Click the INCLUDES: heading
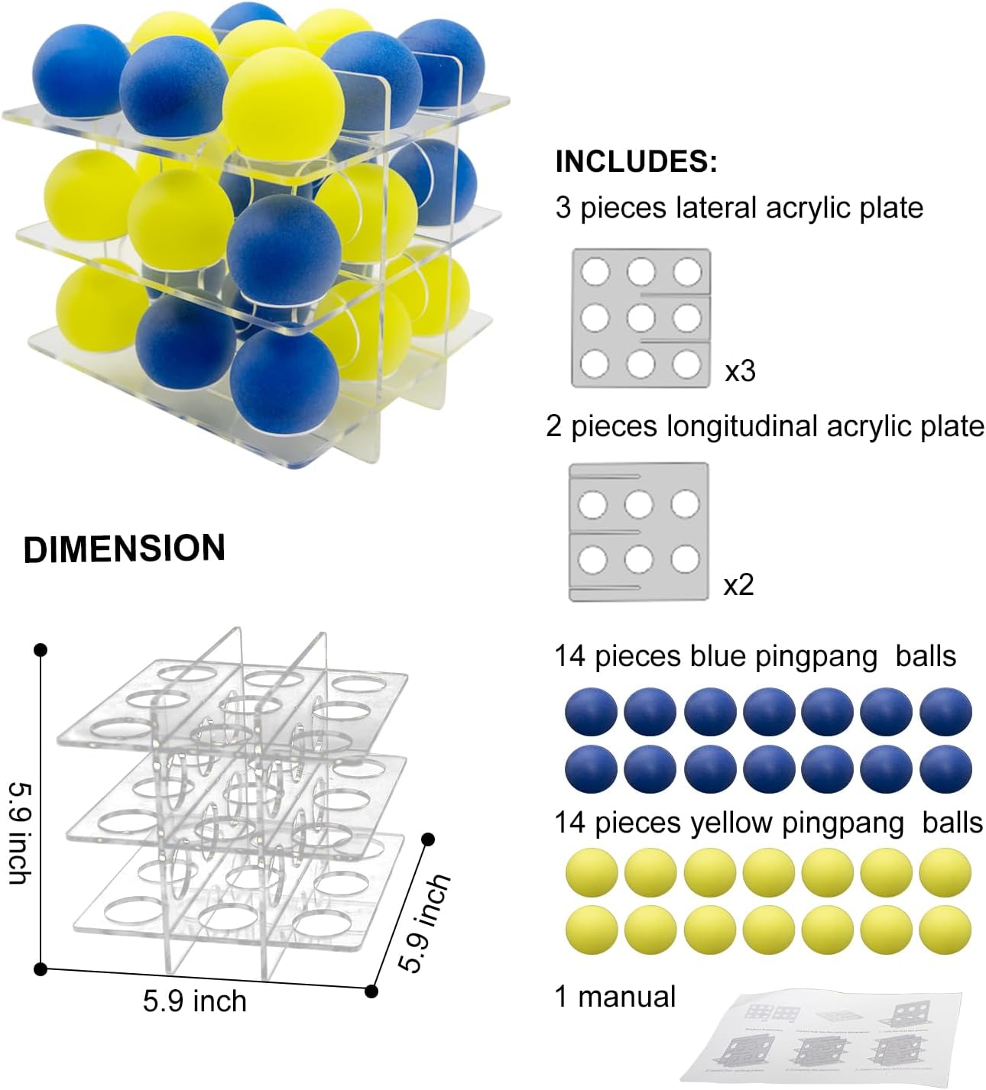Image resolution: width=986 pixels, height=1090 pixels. point(636,161)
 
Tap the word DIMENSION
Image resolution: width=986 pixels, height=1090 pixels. point(125,549)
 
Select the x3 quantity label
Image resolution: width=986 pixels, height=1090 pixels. point(740,371)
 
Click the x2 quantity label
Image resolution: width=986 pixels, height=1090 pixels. point(738,585)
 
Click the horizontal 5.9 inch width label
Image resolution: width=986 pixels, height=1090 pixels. point(195,1001)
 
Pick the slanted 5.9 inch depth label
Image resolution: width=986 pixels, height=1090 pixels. point(426,923)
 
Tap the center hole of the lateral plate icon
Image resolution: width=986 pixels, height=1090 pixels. point(641,318)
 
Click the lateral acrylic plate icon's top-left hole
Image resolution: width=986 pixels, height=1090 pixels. point(595,271)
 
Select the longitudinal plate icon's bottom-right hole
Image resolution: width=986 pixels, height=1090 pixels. point(685,560)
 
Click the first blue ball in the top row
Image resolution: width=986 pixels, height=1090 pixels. point(590,712)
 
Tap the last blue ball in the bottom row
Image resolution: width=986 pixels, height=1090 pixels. point(945,768)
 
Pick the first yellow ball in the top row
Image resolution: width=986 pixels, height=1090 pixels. point(591,872)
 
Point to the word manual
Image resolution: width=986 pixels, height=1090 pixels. point(627,997)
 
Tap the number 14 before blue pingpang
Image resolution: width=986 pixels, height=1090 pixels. point(570,656)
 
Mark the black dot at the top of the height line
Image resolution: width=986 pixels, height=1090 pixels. point(41,650)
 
